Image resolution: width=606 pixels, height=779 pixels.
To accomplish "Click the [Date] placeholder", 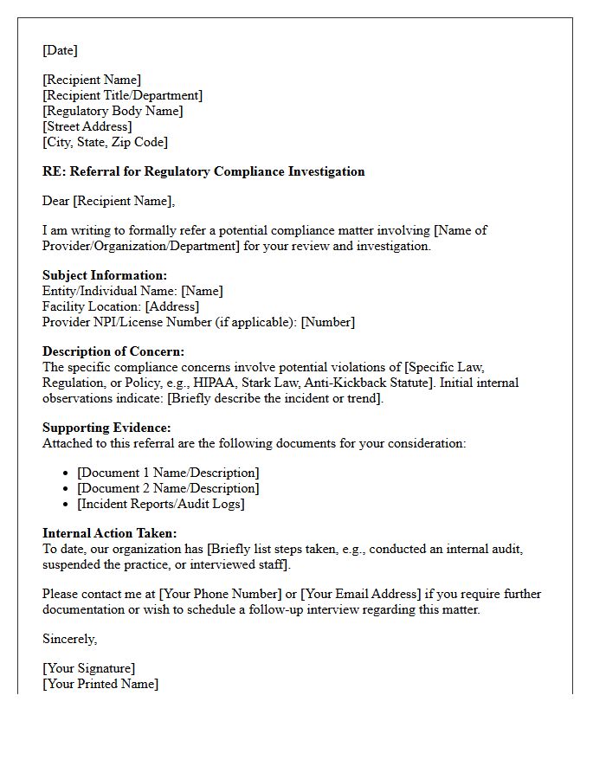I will point(60,50).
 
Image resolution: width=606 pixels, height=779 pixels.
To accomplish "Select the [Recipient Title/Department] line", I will point(122,95).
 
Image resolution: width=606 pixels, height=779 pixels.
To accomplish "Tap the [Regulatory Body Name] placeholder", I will point(113,111).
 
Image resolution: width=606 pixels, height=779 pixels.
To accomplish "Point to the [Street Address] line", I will point(87,126).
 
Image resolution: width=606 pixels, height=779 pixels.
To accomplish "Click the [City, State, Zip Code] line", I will point(105,142).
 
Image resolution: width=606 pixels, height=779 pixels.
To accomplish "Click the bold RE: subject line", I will point(203,171).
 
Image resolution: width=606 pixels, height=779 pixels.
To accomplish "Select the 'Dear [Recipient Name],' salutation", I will point(108,201).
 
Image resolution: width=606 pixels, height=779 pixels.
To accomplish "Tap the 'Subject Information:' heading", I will point(105,275).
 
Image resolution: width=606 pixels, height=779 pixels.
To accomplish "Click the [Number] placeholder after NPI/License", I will point(327,322).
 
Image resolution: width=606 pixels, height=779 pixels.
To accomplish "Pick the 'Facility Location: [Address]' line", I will point(120,306).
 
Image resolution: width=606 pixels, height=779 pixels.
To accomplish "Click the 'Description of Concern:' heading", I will point(113,351).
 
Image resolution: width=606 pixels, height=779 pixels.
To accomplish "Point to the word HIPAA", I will point(229,383).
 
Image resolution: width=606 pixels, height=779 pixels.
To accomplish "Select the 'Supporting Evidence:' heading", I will point(106,428).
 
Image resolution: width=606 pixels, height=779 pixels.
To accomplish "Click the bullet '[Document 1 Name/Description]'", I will point(168,473).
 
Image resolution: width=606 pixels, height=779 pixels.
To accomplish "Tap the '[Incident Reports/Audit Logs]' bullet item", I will point(161,504).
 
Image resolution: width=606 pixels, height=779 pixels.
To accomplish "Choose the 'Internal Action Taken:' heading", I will point(109,533).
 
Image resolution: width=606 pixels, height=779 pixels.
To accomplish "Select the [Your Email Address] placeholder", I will point(360,594).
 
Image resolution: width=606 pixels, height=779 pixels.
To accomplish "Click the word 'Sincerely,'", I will point(69,639).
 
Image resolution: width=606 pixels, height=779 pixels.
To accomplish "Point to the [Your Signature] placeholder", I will point(88,668).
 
